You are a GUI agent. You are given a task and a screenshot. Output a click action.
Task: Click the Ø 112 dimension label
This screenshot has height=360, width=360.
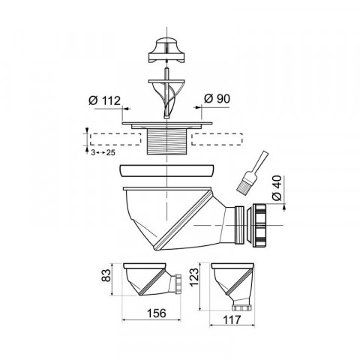tap(104, 100)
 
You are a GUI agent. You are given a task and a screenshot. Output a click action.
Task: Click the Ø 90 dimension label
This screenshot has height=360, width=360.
tap(217, 99)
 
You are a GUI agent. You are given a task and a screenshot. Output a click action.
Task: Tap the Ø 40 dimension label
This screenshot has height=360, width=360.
tap(277, 188)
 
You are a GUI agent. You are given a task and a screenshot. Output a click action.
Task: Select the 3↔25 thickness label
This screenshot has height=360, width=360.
tap(103, 152)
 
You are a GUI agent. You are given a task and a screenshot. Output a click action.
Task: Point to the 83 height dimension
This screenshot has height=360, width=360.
tap(106, 275)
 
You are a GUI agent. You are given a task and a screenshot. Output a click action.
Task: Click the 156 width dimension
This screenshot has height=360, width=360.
tap(156, 313)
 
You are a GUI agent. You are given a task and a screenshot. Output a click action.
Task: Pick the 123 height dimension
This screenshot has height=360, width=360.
tap(194, 277)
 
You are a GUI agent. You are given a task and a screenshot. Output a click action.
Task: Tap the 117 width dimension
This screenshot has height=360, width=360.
tap(232, 319)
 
